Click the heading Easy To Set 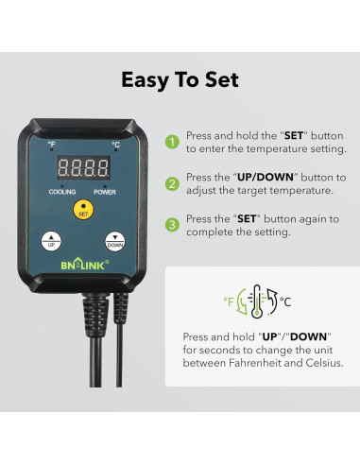(x=180, y=79)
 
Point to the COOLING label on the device (x=62, y=191)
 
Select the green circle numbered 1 (x=172, y=143)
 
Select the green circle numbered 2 (x=172, y=182)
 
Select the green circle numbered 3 (x=172, y=224)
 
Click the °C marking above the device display (x=114, y=145)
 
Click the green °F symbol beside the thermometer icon (x=228, y=302)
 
